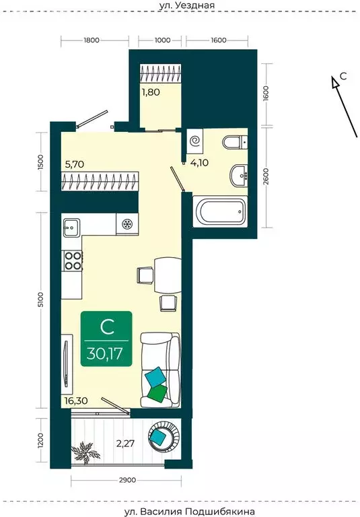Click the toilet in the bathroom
236,143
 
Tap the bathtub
220,211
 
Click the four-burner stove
72,261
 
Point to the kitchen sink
71,227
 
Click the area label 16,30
76,401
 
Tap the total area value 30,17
105,353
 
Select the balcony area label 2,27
125,444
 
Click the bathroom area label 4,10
199,162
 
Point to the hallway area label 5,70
75,164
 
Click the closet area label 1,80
151,92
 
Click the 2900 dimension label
127,480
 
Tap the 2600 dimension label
266,176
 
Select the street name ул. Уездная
186,5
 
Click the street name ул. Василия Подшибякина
190,512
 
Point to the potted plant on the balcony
85,452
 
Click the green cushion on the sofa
158,393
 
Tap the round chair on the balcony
164,436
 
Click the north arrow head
335,82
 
